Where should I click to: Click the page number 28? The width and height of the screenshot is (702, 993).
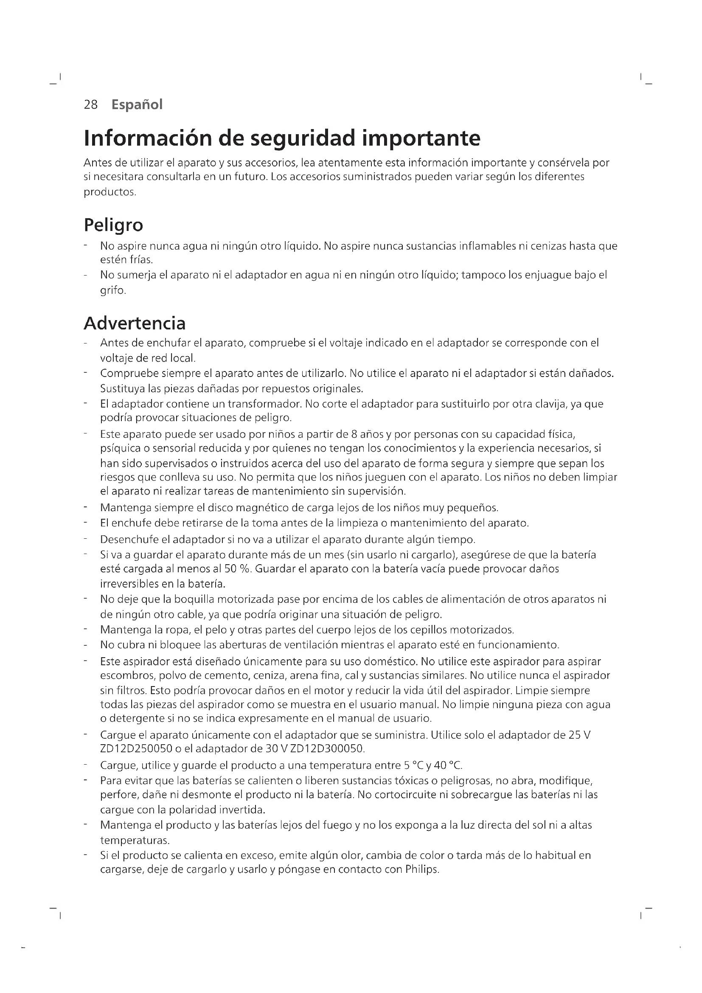coord(91,105)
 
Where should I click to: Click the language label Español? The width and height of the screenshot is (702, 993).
coord(137,105)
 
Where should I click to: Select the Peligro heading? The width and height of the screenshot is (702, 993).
coord(113,225)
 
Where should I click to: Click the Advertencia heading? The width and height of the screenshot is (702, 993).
coord(135,323)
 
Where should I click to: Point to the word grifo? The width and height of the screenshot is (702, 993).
coord(112,290)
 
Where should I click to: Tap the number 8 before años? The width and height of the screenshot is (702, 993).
coord(351,434)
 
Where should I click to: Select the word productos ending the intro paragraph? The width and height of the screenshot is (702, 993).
coord(110,192)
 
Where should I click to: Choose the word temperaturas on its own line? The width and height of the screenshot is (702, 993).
coord(135,840)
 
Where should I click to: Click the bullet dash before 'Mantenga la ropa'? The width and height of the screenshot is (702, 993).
coord(86,629)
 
